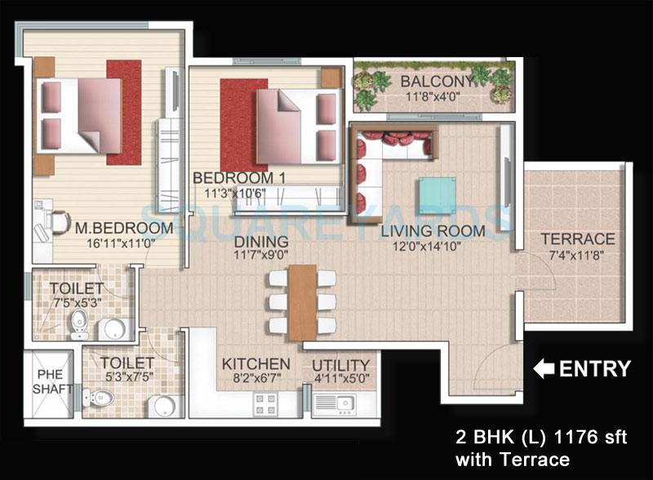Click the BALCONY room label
tap(435, 82)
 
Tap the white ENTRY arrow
tap(543, 369)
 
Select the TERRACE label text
tap(578, 239)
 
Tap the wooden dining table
tap(302, 301)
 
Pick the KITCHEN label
tap(255, 363)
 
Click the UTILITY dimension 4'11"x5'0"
tap(341, 379)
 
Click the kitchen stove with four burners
tap(266, 402)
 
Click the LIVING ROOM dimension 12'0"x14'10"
tap(433, 247)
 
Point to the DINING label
tap(260, 242)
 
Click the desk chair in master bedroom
tap(57, 219)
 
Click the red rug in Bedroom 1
tap(242, 123)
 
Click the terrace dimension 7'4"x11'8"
tap(578, 256)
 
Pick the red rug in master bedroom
tap(123, 111)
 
